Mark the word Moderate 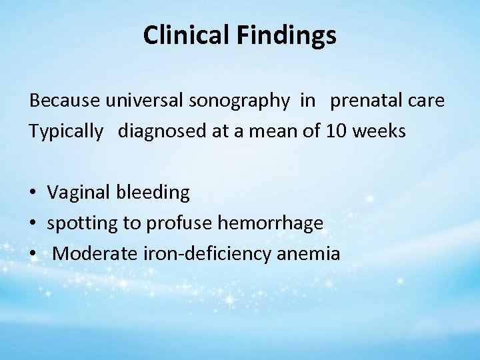(90, 253)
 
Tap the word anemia (310, 253)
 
